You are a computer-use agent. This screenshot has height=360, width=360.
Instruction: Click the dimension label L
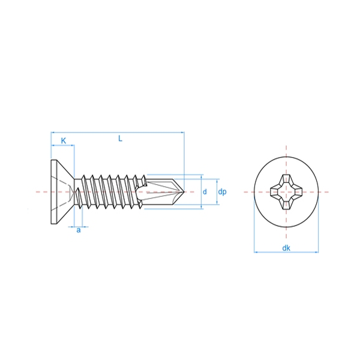(120, 139)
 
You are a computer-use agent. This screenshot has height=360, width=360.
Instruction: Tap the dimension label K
(64, 141)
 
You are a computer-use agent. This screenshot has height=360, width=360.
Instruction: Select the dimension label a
(79, 230)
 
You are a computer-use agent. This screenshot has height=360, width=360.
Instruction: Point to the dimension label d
(205, 191)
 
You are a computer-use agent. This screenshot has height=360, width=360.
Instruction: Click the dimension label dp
(222, 192)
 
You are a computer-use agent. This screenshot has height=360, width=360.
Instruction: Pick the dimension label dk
(286, 248)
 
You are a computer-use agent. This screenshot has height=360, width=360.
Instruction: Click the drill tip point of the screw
(184, 192)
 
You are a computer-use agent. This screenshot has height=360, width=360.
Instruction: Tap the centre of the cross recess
(286, 192)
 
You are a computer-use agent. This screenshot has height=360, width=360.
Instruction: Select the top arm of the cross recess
(286, 179)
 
